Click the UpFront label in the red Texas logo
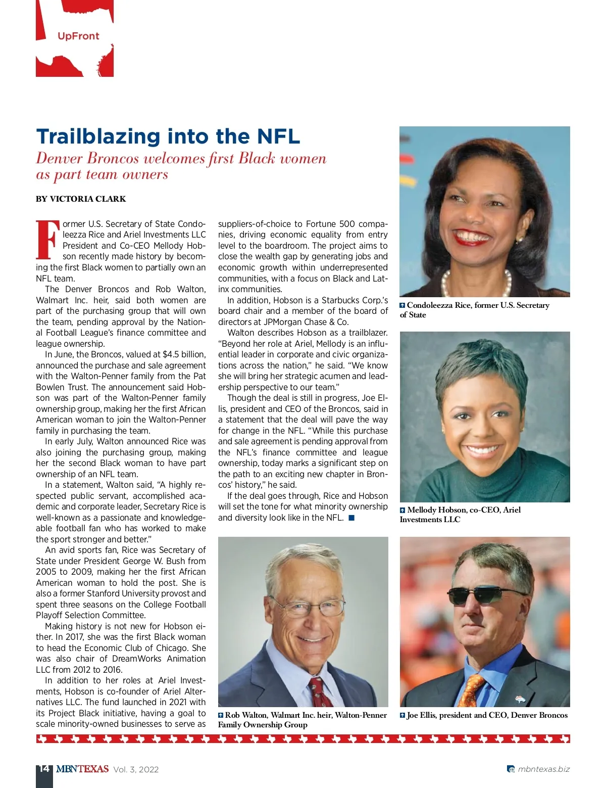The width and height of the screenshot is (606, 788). [x=78, y=36]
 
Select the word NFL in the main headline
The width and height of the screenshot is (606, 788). [x=278, y=136]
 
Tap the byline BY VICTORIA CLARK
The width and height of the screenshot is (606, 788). [x=81, y=199]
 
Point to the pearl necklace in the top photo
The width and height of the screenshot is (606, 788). [x=449, y=283]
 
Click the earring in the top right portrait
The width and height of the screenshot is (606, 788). [x=519, y=238]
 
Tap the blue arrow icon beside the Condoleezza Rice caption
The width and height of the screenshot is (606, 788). [x=402, y=305]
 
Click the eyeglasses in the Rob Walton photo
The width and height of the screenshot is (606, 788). [x=306, y=607]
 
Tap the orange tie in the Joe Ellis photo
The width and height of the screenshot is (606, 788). [x=472, y=688]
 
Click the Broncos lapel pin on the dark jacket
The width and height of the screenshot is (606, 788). [x=520, y=700]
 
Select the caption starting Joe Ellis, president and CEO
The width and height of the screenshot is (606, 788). [x=487, y=715]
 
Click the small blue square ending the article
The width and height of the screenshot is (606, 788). [x=351, y=518]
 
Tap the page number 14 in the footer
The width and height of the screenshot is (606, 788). [x=44, y=768]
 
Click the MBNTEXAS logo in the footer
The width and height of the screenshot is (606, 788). [x=82, y=769]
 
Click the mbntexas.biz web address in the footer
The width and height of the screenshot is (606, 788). [x=543, y=769]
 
